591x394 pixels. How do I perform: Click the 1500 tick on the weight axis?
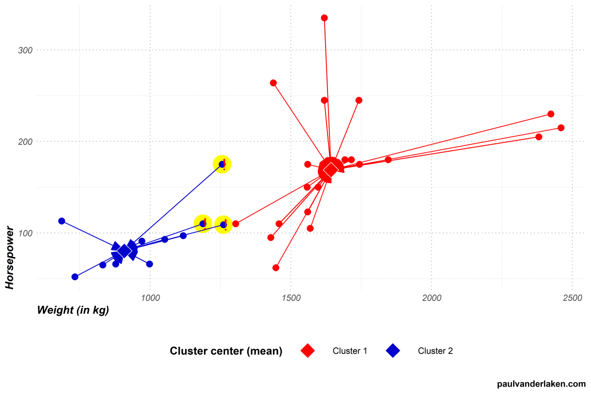[x=291, y=298]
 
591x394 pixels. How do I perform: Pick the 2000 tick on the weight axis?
[x=431, y=298]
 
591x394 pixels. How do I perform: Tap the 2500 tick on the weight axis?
[x=572, y=298]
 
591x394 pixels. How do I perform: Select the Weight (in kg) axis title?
[x=73, y=310]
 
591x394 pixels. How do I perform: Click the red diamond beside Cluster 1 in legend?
[x=308, y=351]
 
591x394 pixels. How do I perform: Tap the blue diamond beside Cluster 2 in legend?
[x=393, y=351]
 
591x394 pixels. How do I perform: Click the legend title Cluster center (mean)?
[x=226, y=351]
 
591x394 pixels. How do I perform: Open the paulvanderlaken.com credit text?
[x=541, y=384]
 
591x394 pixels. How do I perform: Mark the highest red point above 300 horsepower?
[x=324, y=18]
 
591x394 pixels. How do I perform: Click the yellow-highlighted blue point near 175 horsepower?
[x=222, y=164]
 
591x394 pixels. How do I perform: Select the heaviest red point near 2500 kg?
[x=561, y=128]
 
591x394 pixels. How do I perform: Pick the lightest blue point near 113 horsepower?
[x=62, y=221]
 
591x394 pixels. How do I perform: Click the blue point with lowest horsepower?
[x=75, y=277]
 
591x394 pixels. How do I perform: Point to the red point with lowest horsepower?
[x=276, y=268]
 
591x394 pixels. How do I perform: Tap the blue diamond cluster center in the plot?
[x=124, y=251]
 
